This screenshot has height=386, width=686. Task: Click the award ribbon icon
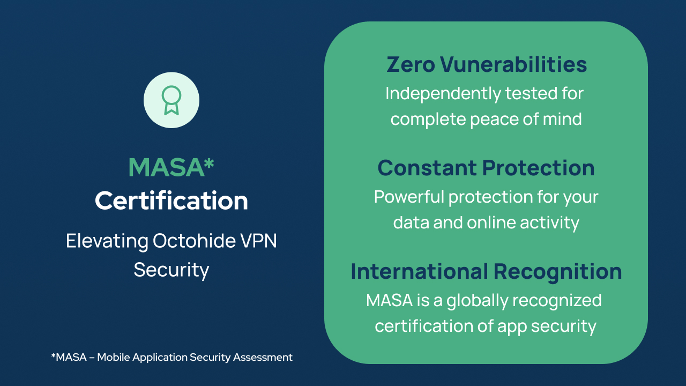pos(171,100)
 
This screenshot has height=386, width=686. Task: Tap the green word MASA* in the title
pos(171,167)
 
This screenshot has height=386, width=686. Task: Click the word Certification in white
pos(171,201)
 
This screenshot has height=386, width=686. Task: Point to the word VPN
pos(259,241)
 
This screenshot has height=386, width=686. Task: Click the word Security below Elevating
pos(171,269)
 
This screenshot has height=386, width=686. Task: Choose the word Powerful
pos(408,197)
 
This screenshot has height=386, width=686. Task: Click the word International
pos(420,271)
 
